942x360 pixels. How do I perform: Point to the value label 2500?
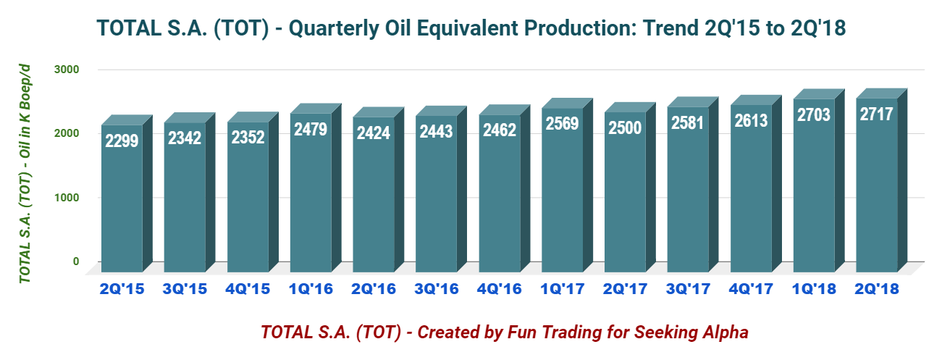click(625, 128)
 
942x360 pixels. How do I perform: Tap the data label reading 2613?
click(751, 121)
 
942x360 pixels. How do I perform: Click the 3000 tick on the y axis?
click(64, 70)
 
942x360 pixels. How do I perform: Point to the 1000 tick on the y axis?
click(64, 198)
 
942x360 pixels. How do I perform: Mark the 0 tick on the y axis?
click(75, 261)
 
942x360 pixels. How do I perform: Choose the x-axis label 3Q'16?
click(436, 288)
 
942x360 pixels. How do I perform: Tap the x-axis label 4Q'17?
click(751, 288)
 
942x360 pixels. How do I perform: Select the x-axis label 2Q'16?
click(373, 288)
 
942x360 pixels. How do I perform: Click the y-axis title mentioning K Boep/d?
click(25, 172)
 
